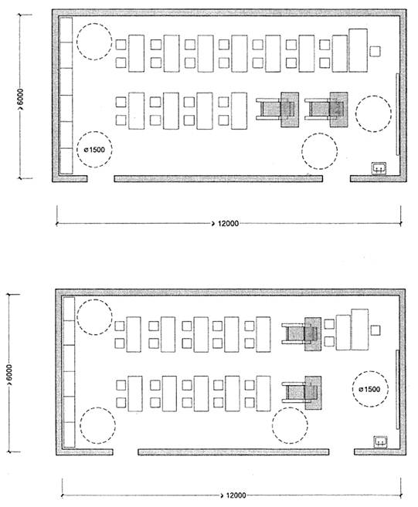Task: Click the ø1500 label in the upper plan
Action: click(x=94, y=150)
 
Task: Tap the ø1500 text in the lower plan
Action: click(x=369, y=389)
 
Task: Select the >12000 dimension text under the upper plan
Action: click(x=226, y=224)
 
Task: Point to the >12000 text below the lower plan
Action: click(x=233, y=495)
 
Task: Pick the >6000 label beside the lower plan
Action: click(x=8, y=375)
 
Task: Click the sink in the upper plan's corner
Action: click(x=379, y=167)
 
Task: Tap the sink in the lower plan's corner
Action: click(x=380, y=441)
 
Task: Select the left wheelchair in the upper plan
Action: click(x=277, y=110)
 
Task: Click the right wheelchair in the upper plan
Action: click(x=326, y=110)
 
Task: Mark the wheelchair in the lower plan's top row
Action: click(x=301, y=334)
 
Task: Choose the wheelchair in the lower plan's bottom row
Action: click(x=301, y=393)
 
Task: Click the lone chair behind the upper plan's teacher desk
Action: click(x=376, y=51)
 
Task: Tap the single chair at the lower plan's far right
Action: click(x=376, y=330)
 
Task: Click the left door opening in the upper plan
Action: click(x=100, y=178)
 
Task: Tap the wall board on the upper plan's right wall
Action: click(x=397, y=114)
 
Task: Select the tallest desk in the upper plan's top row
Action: click(x=358, y=50)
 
